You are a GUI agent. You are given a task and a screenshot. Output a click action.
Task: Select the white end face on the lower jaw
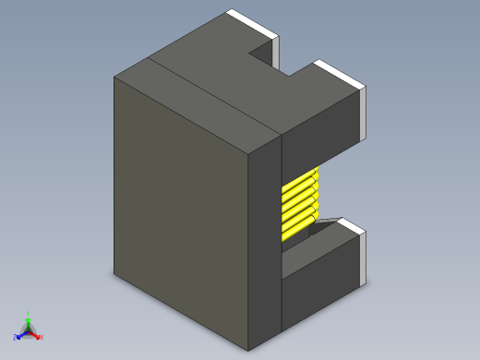coord(366,258)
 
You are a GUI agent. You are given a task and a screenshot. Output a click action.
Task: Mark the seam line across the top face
coord(212,93)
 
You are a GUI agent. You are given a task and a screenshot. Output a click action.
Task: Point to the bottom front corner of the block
coord(249,350)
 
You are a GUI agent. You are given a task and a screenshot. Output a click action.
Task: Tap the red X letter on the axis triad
coord(42,337)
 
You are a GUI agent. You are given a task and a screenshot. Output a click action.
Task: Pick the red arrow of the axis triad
coord(36,334)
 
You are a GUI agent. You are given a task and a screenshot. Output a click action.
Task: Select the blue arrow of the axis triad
coord(21,333)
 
